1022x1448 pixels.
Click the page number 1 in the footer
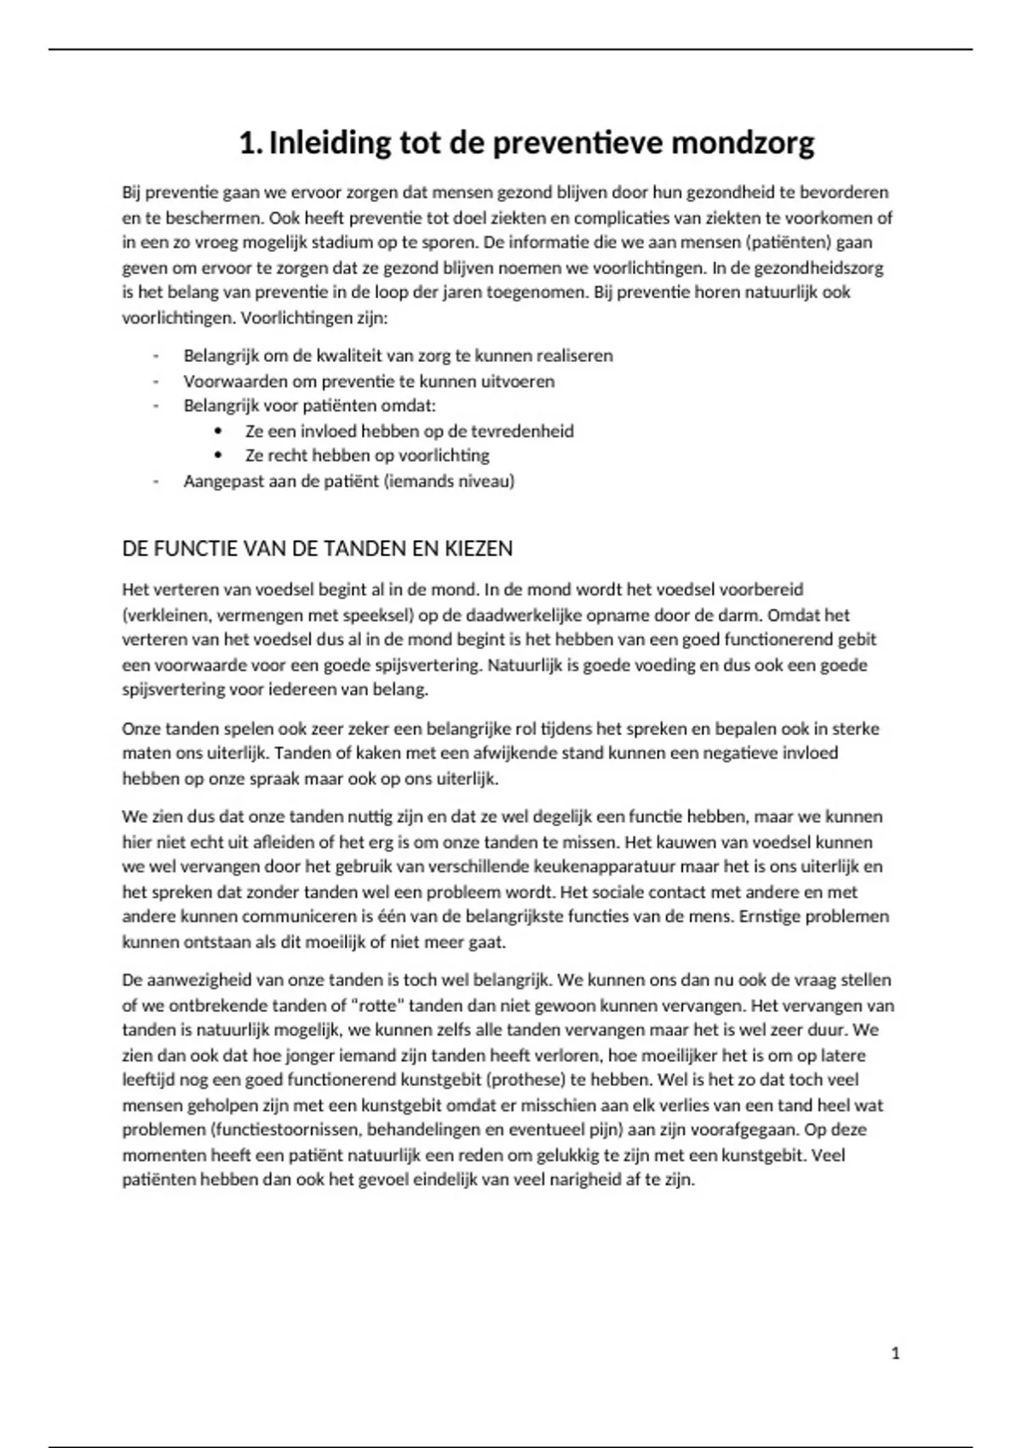pos(895,1353)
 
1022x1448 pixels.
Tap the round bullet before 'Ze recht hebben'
pos(220,456)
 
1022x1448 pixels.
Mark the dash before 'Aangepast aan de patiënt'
pos(156,481)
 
